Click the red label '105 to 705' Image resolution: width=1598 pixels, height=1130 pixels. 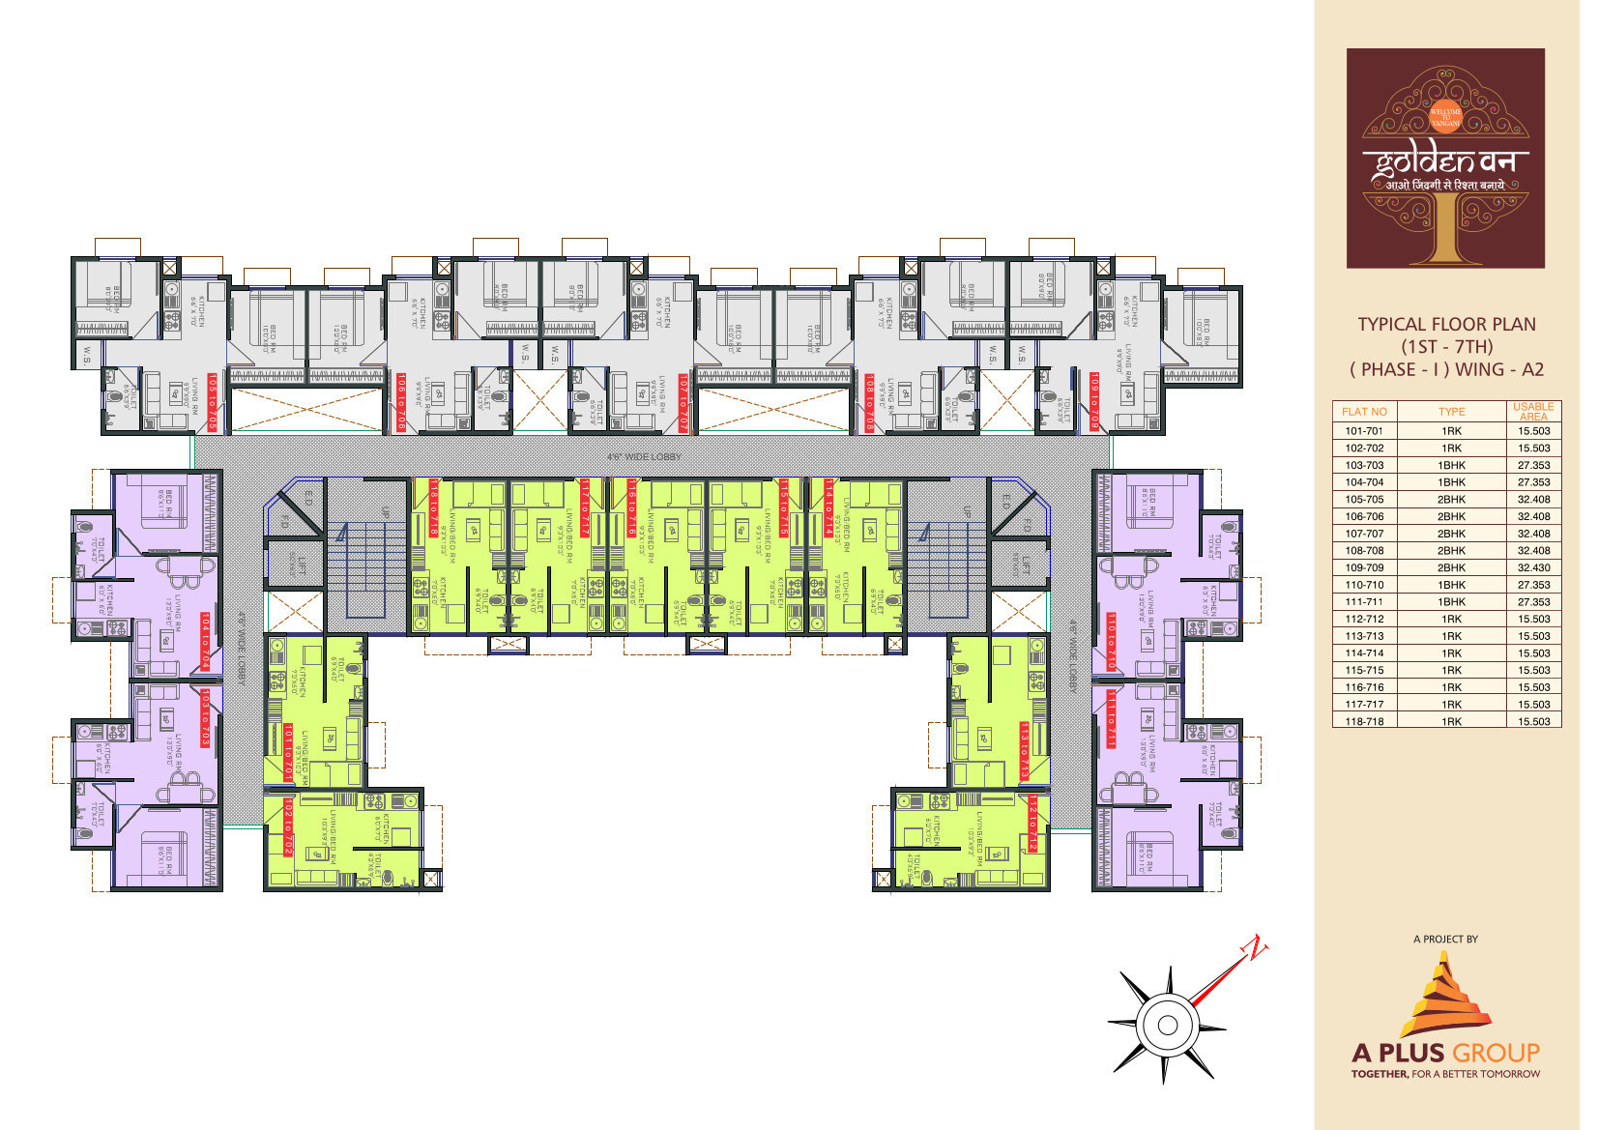pyautogui.click(x=213, y=401)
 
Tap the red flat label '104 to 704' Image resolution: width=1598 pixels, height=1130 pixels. pyautogui.click(x=206, y=641)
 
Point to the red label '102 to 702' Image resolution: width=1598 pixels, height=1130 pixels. pyautogui.click(x=288, y=826)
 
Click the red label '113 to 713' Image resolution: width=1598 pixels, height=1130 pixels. pyautogui.click(x=1024, y=750)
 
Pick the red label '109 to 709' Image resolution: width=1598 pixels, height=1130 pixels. pyautogui.click(x=1094, y=401)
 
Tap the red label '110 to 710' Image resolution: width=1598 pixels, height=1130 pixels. pyautogui.click(x=1111, y=641)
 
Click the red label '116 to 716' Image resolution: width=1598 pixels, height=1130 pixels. pyautogui.click(x=632, y=507)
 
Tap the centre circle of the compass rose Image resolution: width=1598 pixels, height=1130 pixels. pyautogui.click(x=1167, y=1026)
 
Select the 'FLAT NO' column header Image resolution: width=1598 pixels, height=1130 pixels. pyautogui.click(x=1364, y=412)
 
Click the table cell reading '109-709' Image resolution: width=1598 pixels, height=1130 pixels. pyautogui.click(x=1364, y=568)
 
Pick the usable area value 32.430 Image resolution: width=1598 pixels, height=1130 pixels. pyautogui.click(x=1533, y=568)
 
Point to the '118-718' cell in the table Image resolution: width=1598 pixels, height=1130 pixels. pyautogui.click(x=1364, y=722)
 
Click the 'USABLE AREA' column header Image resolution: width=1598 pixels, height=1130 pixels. pyautogui.click(x=1533, y=412)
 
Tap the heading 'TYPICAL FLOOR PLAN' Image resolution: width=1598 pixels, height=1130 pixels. pyautogui.click(x=1446, y=325)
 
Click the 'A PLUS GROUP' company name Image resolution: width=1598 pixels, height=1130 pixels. pyautogui.click(x=1445, y=1053)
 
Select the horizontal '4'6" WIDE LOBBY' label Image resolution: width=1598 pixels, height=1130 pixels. pyautogui.click(x=644, y=456)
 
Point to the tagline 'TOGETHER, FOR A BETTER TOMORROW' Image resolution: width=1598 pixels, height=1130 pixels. pyautogui.click(x=1445, y=1074)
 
